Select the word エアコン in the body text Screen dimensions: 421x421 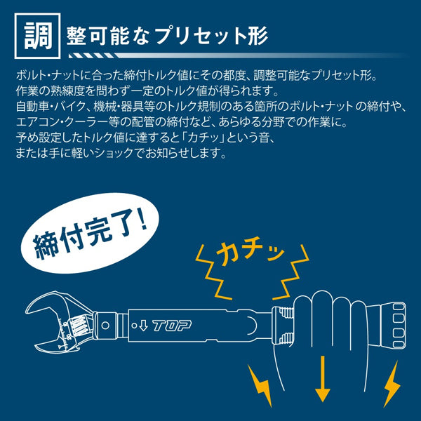click(34, 123)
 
